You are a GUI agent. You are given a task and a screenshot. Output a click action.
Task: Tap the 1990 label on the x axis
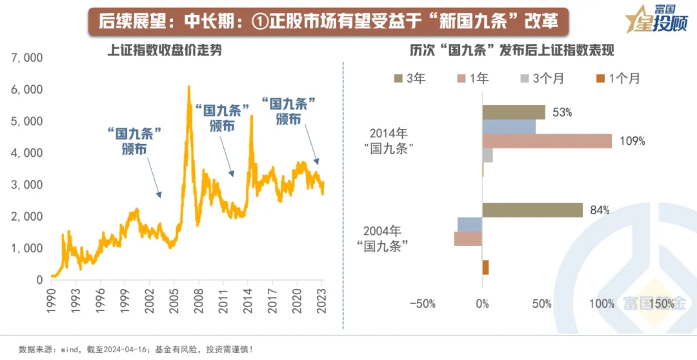52,298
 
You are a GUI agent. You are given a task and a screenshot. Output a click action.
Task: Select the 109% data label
632,141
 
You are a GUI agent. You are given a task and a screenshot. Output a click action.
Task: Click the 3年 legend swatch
398,79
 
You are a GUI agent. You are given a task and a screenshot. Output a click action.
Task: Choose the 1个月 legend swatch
601,79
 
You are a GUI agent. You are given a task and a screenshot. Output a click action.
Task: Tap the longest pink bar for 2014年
547,141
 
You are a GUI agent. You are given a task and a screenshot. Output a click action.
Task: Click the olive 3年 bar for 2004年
532,210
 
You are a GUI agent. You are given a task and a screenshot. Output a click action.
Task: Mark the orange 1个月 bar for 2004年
485,267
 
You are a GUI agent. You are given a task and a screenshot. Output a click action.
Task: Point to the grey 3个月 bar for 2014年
487,155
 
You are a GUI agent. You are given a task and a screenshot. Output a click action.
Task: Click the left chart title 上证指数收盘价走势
164,50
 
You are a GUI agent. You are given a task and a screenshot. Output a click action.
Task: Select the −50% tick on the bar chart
423,303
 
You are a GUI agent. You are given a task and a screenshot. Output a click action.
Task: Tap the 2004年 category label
383,230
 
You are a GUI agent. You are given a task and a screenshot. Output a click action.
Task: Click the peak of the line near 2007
188,86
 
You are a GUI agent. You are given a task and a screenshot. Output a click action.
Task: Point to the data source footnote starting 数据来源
136,350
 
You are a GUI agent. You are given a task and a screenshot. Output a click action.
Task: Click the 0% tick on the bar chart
482,303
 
